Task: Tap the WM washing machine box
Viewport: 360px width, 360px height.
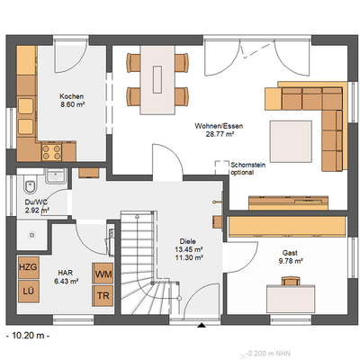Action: coord(103,273)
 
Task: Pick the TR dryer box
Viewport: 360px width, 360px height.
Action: coord(103,294)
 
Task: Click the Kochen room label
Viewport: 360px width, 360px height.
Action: coord(72,96)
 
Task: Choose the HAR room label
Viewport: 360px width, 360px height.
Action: coord(67,271)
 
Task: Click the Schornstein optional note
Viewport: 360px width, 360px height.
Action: coord(247,169)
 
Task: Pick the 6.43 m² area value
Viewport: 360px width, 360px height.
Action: coord(67,281)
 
